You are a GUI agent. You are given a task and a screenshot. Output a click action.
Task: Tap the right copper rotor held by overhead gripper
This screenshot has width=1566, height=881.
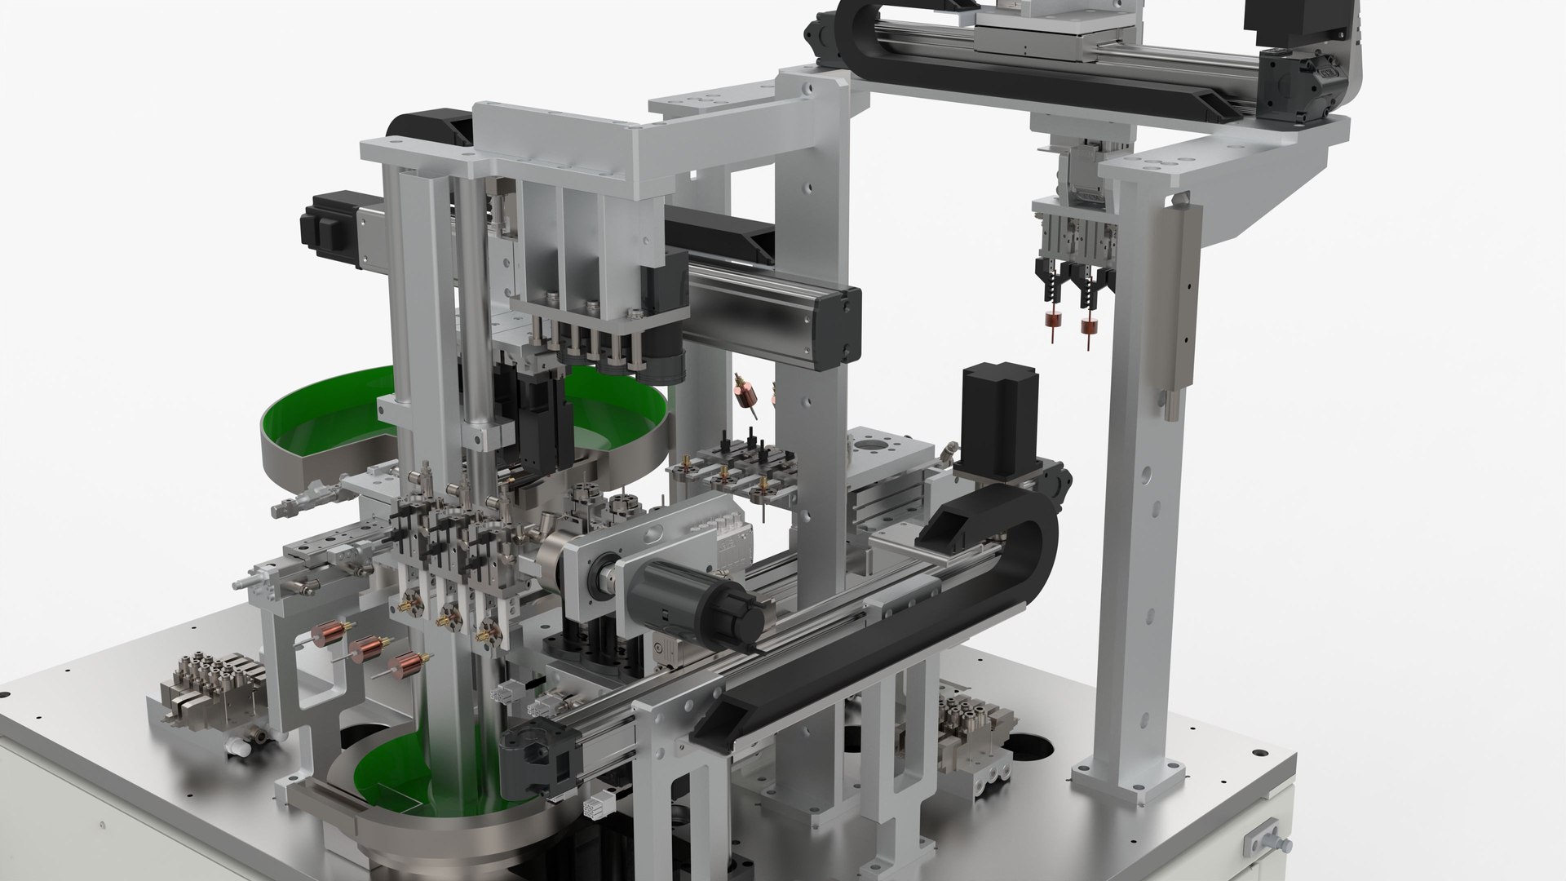[x=1087, y=326]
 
